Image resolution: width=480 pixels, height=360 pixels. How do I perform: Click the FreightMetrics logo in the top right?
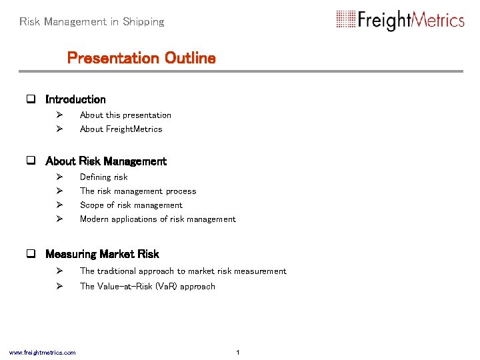coord(400,20)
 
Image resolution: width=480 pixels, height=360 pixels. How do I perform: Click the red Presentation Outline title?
coord(141,58)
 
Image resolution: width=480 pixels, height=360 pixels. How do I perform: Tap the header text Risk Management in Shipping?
coord(92,22)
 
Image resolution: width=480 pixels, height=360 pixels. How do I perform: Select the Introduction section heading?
coord(75,99)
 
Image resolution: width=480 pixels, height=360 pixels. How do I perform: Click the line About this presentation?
coord(125,115)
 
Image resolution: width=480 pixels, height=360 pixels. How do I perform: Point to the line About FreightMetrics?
coord(121,129)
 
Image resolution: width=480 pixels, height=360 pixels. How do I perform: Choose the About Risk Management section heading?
coord(106,161)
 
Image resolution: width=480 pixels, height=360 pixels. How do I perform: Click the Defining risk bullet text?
coord(103,177)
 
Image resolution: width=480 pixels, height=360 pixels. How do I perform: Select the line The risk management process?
coord(138,191)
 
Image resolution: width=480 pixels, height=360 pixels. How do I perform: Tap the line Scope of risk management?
coord(131,205)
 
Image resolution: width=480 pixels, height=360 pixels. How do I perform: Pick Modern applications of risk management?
coord(157,219)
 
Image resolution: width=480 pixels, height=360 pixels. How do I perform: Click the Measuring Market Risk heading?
coord(102,254)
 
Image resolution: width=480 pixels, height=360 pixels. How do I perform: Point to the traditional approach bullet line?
coord(183,271)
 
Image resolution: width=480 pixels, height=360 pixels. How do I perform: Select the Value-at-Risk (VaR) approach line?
coord(147,287)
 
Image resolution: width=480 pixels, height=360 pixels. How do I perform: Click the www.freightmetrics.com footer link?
coord(42,353)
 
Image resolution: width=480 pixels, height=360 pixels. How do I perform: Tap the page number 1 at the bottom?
coord(238,352)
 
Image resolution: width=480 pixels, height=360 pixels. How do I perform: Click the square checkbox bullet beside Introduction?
coord(31,100)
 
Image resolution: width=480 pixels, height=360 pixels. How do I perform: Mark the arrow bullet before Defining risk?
coord(59,177)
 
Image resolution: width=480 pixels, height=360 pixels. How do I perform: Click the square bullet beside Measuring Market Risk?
coord(31,255)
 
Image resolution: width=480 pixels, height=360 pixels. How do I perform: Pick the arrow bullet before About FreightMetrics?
coord(59,129)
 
